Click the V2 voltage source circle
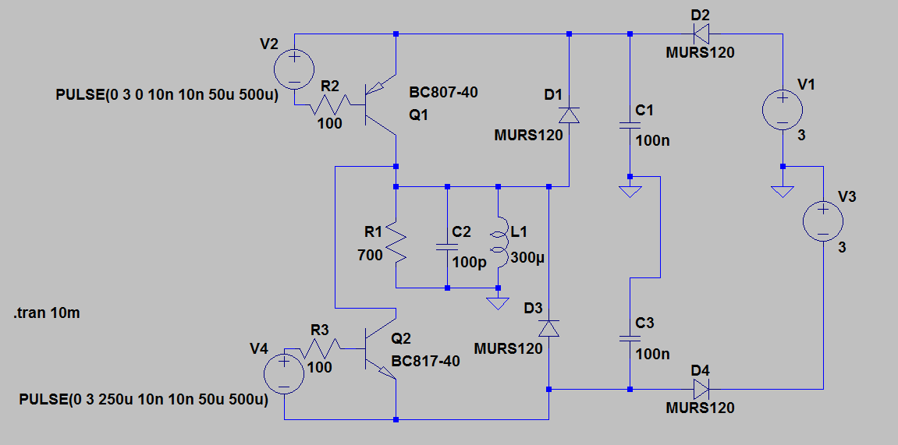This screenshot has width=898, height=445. coord(294,69)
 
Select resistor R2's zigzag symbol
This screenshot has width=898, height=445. coord(331,104)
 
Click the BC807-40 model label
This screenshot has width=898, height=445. coord(443,92)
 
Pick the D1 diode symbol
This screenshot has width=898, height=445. coord(569,115)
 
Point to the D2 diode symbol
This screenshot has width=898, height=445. coord(701,34)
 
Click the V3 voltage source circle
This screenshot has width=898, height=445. coord(822,221)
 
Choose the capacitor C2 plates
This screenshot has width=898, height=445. coord(447,246)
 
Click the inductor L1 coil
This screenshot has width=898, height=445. coord(499,242)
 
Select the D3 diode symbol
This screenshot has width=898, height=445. coord(548,328)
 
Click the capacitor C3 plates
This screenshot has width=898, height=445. coord(630,338)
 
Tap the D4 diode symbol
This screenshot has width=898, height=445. coord(701,390)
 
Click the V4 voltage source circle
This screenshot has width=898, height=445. coord(284,374)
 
